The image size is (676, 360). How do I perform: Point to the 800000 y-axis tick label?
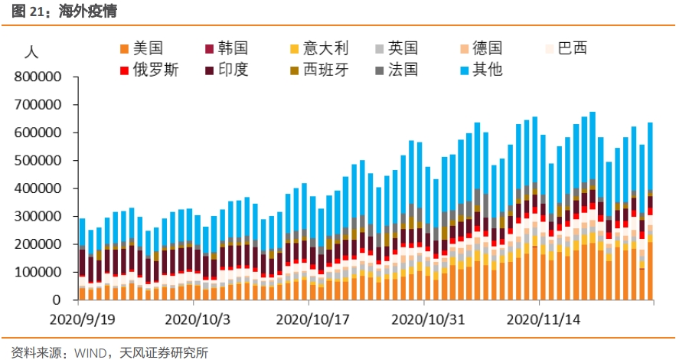pyautogui.click(x=38, y=77)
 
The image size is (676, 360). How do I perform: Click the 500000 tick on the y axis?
pyautogui.click(x=38, y=161)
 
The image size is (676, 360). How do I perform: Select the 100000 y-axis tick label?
pyautogui.click(x=38, y=272)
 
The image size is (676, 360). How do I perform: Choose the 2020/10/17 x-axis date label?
pyautogui.click(x=309, y=316)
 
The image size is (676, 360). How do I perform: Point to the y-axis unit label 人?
pyautogui.click(x=31, y=53)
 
